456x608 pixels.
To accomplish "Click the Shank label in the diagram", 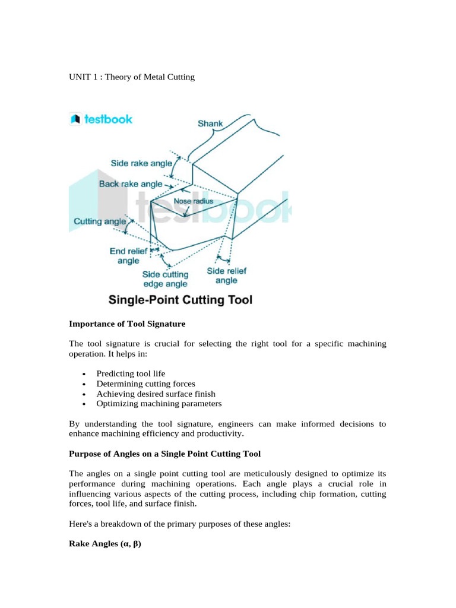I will tap(210, 124).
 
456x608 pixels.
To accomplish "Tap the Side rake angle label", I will tap(141, 163).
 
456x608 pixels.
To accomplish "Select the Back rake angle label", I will tap(130, 184).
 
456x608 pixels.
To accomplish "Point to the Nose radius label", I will tap(193, 201).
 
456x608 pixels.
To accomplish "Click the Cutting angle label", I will tap(99, 221).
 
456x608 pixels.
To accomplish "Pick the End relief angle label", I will tap(125, 255).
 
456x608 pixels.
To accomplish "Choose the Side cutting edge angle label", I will tap(165, 279).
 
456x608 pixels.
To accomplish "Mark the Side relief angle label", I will tap(226, 275).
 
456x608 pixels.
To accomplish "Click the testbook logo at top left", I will tap(101, 119).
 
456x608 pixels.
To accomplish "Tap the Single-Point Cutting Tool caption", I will tap(180, 300).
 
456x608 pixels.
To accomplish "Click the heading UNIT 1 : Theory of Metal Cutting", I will tap(132, 77).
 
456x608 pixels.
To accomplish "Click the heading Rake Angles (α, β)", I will tap(105, 543).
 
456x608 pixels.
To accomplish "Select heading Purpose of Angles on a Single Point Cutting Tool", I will tap(164, 454).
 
